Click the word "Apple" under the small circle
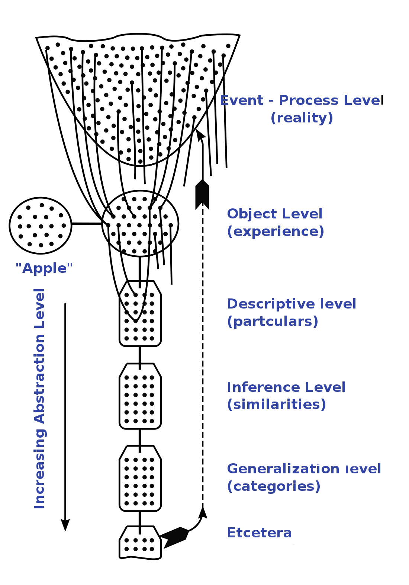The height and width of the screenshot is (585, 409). tap(44, 268)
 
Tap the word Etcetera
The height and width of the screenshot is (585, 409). tap(259, 533)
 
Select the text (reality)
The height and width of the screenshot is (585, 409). tap(302, 118)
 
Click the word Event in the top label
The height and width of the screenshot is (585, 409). tap(242, 100)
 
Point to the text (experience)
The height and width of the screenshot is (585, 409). tap(276, 231)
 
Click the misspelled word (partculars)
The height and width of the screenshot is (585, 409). tap(273, 322)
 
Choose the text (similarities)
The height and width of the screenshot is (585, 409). tap(276, 405)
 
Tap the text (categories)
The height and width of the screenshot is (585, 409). tap(274, 486)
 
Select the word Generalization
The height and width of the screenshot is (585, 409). tap(283, 469)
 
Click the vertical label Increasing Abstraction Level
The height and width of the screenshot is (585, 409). tap(39, 398)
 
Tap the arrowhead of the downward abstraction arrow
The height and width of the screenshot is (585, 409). tap(65, 525)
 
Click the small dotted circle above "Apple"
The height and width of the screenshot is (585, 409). tap(40, 226)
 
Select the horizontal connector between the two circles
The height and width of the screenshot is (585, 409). tap(87, 224)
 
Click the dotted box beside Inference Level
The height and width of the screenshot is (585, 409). tap(140, 396)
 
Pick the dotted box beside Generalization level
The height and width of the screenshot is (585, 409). tap(140, 479)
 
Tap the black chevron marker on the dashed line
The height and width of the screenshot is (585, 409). tap(202, 194)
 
